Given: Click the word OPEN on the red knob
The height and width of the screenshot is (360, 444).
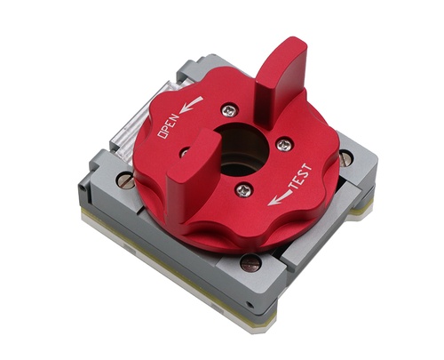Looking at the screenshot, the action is (170, 125).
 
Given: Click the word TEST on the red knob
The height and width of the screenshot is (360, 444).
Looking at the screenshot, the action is (300, 176).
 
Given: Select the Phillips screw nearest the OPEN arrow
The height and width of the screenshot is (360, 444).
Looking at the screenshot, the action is (230, 110).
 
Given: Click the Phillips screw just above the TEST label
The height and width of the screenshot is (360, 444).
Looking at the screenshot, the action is (284, 144).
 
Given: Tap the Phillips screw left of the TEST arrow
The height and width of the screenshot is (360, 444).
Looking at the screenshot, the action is (243, 189).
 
